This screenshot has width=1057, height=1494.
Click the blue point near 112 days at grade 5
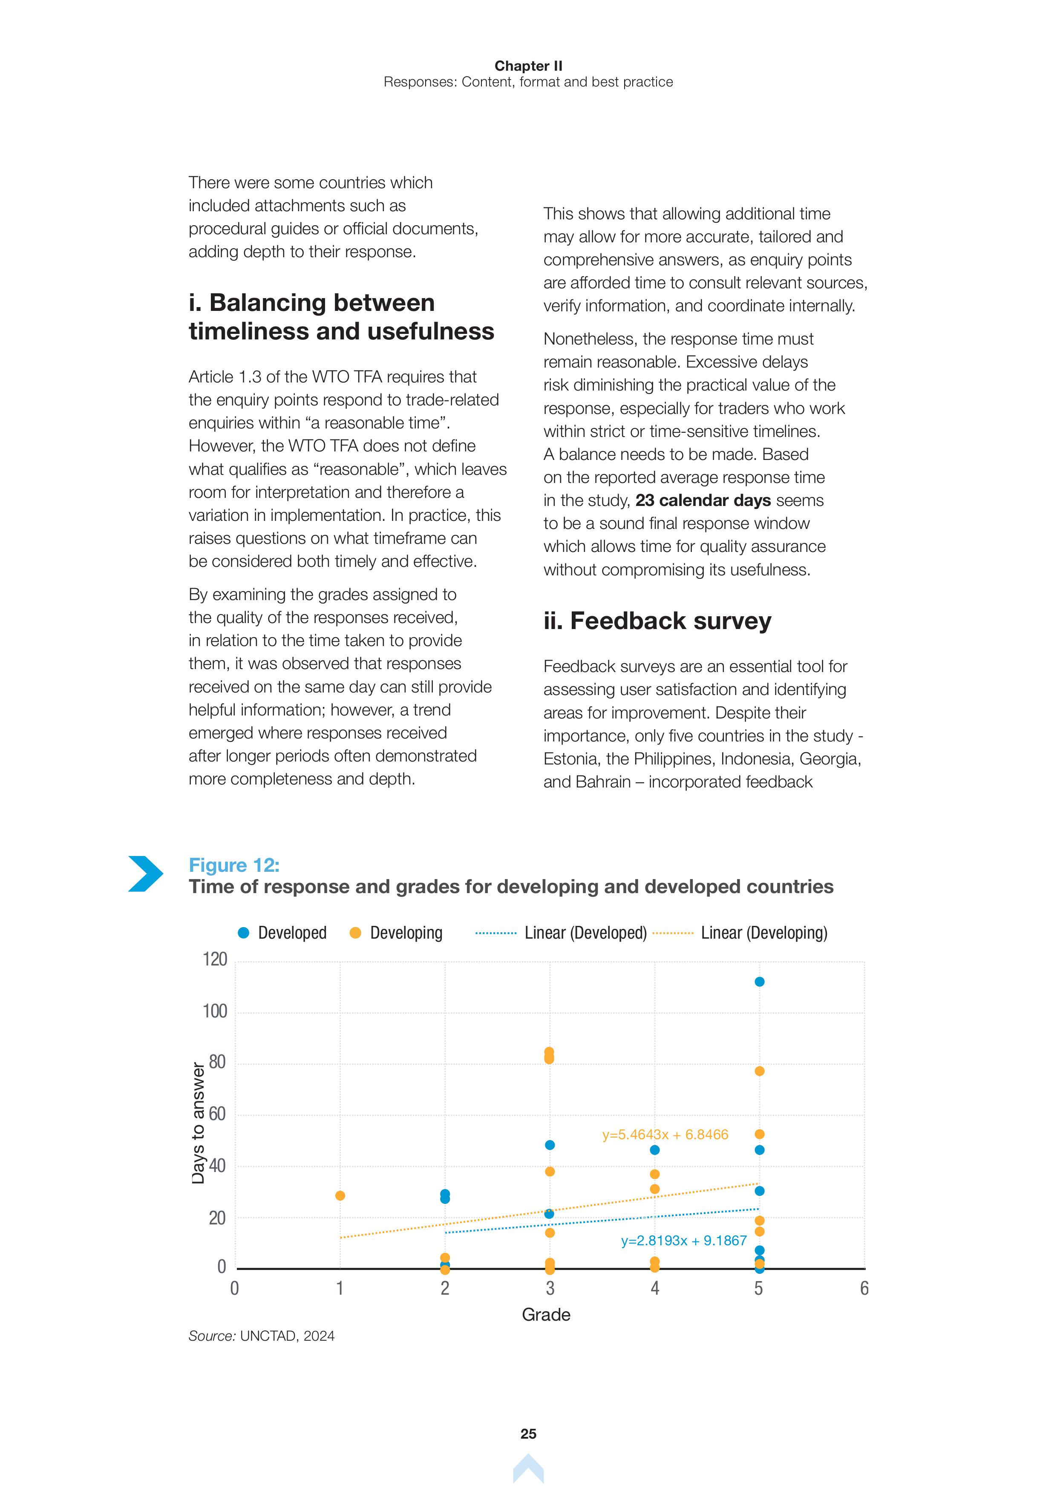tap(759, 982)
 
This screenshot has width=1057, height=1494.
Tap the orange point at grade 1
tap(340, 1195)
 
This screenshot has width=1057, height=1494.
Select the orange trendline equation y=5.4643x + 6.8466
tap(665, 1135)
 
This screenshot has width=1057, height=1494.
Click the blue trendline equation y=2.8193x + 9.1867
tap(683, 1241)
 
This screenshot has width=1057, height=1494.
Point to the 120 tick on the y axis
tap(215, 960)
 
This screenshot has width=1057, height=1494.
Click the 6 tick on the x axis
tap(864, 1288)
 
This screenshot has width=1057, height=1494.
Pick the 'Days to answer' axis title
tap(198, 1123)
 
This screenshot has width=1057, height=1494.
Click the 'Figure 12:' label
tap(233, 865)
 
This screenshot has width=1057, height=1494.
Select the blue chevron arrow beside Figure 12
tap(145, 873)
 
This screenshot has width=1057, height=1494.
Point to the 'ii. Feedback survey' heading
tap(657, 621)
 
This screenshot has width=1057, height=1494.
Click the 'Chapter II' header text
tap(528, 66)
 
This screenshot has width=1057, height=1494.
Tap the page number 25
tap(528, 1434)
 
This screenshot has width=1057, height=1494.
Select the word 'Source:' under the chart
tap(212, 1336)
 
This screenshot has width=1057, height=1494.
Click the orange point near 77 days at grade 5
tap(759, 1071)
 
